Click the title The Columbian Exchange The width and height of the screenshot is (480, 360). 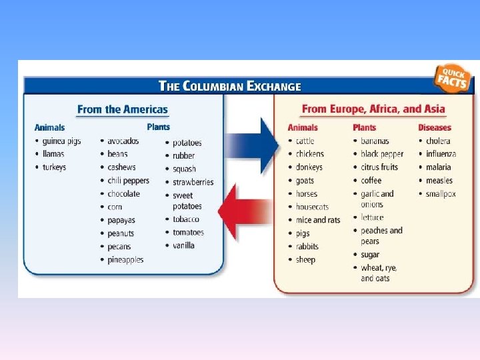coord(229,86)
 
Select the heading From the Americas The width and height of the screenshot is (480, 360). coord(123,109)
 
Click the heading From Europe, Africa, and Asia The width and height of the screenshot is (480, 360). coord(373,109)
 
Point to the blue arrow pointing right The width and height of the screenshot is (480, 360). coord(253,144)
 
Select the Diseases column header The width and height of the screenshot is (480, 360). coord(435,127)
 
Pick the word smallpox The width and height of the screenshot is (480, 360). coord(441,194)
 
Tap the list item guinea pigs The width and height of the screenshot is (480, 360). coord(61,141)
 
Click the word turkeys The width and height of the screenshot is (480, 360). coord(54,167)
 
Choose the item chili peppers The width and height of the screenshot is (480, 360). coord(128,181)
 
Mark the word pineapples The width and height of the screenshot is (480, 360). coord(125,259)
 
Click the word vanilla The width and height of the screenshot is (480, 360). coord(183,245)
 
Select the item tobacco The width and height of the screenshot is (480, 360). coord(185,219)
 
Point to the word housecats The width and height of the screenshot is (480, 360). coord(312,207)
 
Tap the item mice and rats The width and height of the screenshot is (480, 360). coord(318,220)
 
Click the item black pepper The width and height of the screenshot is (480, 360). coord(382,154)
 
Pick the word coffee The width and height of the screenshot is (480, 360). coord(371,181)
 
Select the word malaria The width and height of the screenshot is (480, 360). coord(439,167)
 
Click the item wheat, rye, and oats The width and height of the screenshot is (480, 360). coord(379,273)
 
